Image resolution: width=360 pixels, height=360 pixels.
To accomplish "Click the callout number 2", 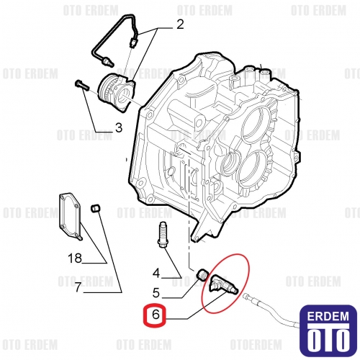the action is [180, 24].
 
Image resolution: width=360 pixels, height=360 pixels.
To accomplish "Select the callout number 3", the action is [119, 128].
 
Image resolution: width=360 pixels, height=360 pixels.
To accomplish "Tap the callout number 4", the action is [156, 273].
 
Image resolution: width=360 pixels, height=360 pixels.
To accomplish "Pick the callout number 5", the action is [156, 293].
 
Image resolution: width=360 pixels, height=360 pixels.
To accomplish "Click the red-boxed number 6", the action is [156, 314].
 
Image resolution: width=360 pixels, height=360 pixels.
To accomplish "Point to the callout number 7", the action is [78, 287].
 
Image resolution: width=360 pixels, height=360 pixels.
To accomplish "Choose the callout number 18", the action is [75, 258].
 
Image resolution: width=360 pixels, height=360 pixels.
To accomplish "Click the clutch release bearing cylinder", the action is [116, 92].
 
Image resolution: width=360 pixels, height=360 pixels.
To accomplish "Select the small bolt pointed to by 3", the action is [82, 86].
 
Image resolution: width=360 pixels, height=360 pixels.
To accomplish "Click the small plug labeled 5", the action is [203, 275].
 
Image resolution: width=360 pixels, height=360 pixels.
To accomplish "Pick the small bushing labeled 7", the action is [96, 208].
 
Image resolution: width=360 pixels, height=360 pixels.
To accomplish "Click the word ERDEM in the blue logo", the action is [328, 317].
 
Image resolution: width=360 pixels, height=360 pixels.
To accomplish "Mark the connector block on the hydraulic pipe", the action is [133, 43].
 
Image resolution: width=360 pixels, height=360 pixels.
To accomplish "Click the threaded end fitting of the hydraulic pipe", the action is [107, 61].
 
